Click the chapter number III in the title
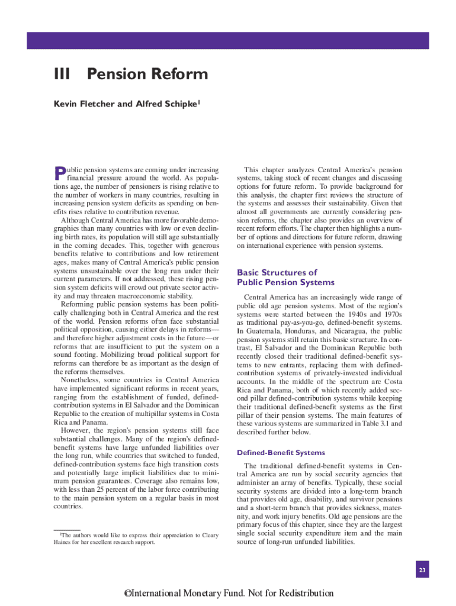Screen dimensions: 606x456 click(62, 75)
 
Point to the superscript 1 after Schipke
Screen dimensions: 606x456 click(200, 102)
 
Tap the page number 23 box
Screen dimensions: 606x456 click(422, 570)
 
